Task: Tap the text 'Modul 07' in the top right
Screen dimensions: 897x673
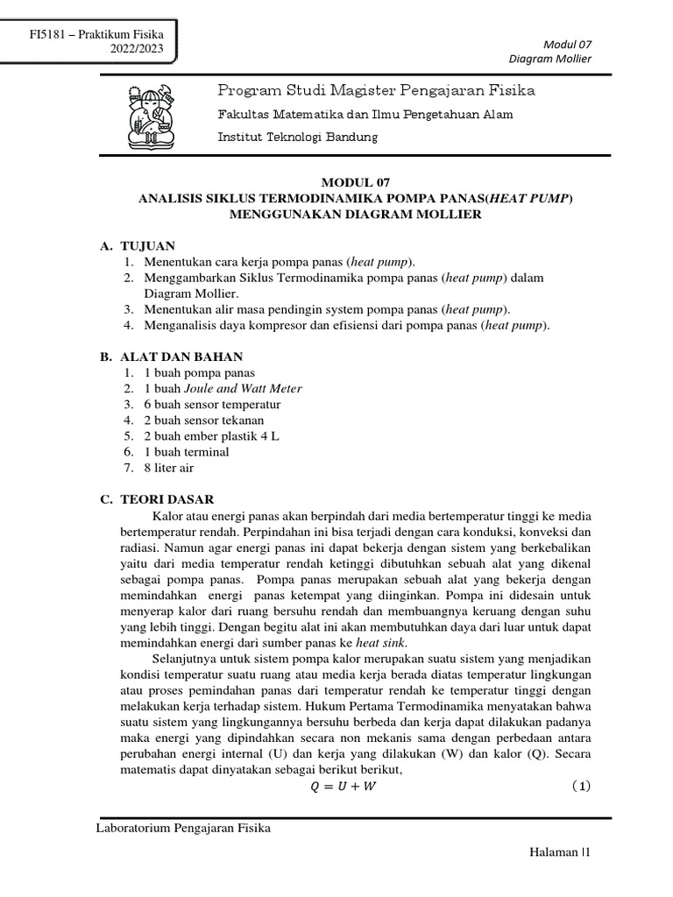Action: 569,44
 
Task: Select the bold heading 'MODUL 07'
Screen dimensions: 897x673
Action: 354,182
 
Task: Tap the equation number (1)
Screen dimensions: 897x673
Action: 580,786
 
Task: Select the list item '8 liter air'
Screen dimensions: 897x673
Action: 169,468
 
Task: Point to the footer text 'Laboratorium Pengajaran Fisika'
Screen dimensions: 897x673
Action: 183,829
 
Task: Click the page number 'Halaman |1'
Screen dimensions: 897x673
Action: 560,851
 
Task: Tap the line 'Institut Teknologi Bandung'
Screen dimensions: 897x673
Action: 298,138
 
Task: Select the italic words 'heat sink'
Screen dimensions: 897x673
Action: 369,642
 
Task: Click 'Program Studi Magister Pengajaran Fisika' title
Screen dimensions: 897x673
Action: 376,91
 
